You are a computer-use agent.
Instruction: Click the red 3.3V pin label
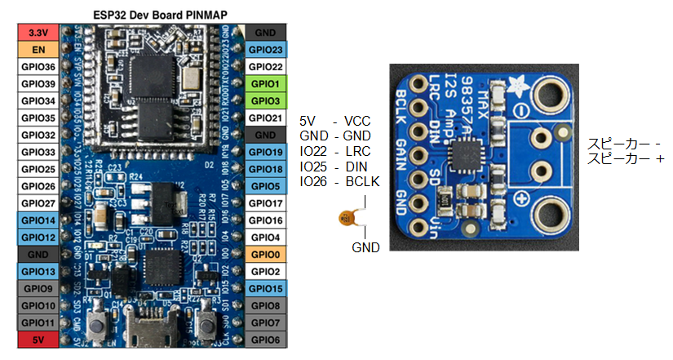(38, 32)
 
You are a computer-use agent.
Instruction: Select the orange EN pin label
(38, 49)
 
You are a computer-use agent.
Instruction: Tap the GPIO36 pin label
(38, 66)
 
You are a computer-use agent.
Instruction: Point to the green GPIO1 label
(266, 83)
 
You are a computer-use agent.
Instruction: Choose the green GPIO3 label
(266, 100)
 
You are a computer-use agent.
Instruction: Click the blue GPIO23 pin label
(266, 49)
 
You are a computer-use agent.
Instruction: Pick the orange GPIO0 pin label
(266, 254)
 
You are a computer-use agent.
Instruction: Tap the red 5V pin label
(38, 340)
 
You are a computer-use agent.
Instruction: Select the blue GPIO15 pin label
(266, 288)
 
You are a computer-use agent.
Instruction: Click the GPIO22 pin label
(266, 66)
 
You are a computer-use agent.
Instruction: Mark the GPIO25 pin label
(38, 169)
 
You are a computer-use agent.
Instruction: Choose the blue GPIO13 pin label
(38, 271)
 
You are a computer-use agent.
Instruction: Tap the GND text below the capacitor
(365, 247)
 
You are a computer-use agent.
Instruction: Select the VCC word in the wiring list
(358, 119)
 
